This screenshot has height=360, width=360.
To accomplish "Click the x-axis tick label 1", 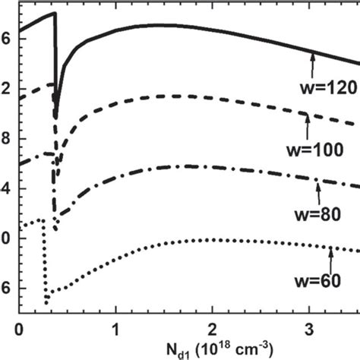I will pos(116,330).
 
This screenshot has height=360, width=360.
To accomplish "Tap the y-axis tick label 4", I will pos(7,188).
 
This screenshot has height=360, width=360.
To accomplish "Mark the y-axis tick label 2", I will pos(7,88).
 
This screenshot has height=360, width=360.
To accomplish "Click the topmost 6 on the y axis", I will pos(7,39).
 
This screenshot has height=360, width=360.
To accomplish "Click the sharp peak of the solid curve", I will pos(55,14).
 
